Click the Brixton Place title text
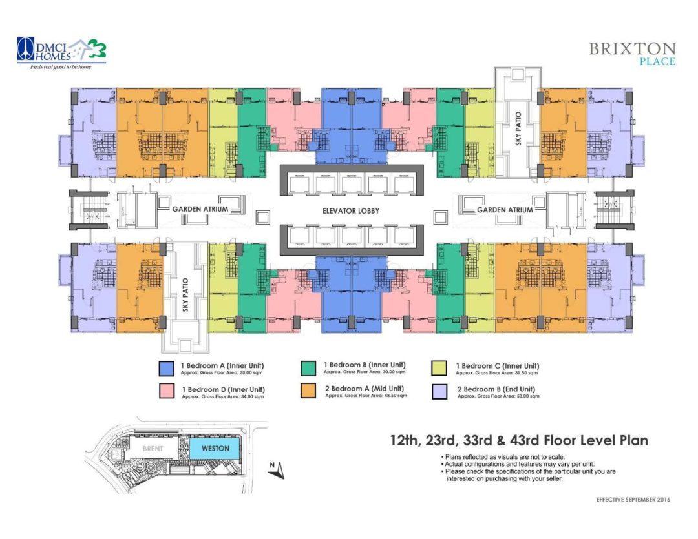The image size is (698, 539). coord(632,54)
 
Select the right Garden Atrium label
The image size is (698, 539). coord(505,210)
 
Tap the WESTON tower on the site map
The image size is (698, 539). coord(215,448)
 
